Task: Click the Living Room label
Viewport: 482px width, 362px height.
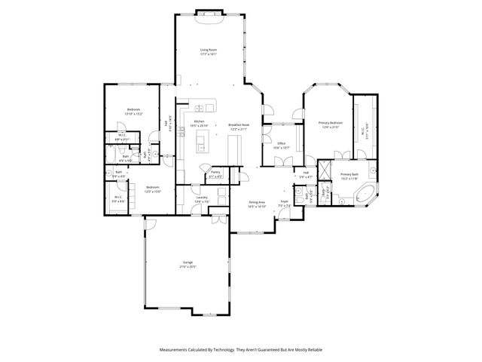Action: point(209,51)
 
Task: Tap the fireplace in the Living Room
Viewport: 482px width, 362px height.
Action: point(209,14)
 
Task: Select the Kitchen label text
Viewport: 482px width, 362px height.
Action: point(200,121)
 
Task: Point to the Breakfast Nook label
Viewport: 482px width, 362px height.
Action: point(239,127)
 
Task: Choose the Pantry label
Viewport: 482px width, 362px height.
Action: point(215,174)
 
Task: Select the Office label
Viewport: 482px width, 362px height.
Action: point(281,145)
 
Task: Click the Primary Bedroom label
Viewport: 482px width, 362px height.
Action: point(330,124)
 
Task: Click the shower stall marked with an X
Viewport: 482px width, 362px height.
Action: point(325,170)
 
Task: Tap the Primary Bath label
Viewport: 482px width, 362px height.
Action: point(348,176)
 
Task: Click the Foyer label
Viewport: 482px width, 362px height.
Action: point(285,203)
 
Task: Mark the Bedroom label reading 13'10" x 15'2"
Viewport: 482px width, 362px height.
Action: point(133,111)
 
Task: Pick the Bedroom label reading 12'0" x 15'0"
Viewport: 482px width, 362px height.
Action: point(152,189)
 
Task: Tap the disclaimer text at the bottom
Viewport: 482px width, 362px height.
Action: point(240,350)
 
